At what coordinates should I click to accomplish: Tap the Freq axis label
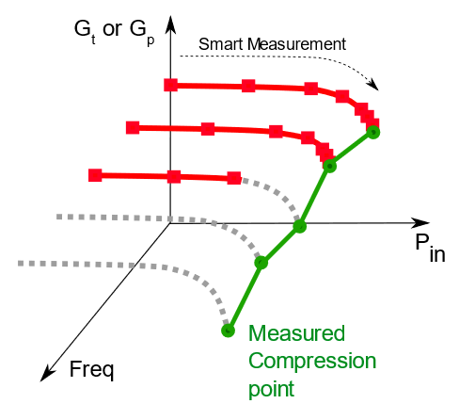click(x=91, y=370)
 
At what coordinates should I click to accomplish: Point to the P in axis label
click(x=430, y=248)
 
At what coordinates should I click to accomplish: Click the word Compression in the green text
click(x=312, y=362)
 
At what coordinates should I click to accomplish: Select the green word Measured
click(x=296, y=333)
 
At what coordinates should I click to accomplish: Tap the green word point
click(x=272, y=389)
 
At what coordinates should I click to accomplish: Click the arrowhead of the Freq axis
click(x=48, y=374)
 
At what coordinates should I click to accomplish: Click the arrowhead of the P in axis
click(x=420, y=223)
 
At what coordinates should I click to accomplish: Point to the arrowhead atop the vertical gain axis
click(x=170, y=24)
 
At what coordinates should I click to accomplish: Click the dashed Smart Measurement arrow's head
click(x=373, y=85)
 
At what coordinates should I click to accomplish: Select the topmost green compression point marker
click(x=373, y=132)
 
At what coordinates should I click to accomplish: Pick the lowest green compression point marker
click(x=228, y=331)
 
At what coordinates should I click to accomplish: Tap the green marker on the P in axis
click(x=300, y=226)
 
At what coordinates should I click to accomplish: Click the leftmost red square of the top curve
click(x=171, y=85)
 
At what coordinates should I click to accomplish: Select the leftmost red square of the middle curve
click(x=133, y=128)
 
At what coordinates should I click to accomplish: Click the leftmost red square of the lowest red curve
click(x=95, y=175)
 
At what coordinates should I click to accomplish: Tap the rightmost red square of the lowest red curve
click(x=234, y=178)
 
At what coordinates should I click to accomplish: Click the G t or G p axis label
click(x=115, y=31)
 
